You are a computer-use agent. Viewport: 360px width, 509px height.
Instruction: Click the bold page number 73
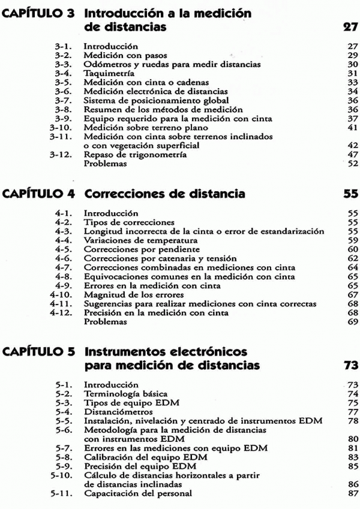351,365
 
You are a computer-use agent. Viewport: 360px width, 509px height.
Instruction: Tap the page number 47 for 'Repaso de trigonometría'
352,155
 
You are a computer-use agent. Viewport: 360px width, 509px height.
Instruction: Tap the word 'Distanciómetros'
116,412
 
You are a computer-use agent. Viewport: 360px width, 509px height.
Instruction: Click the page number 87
352,493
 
